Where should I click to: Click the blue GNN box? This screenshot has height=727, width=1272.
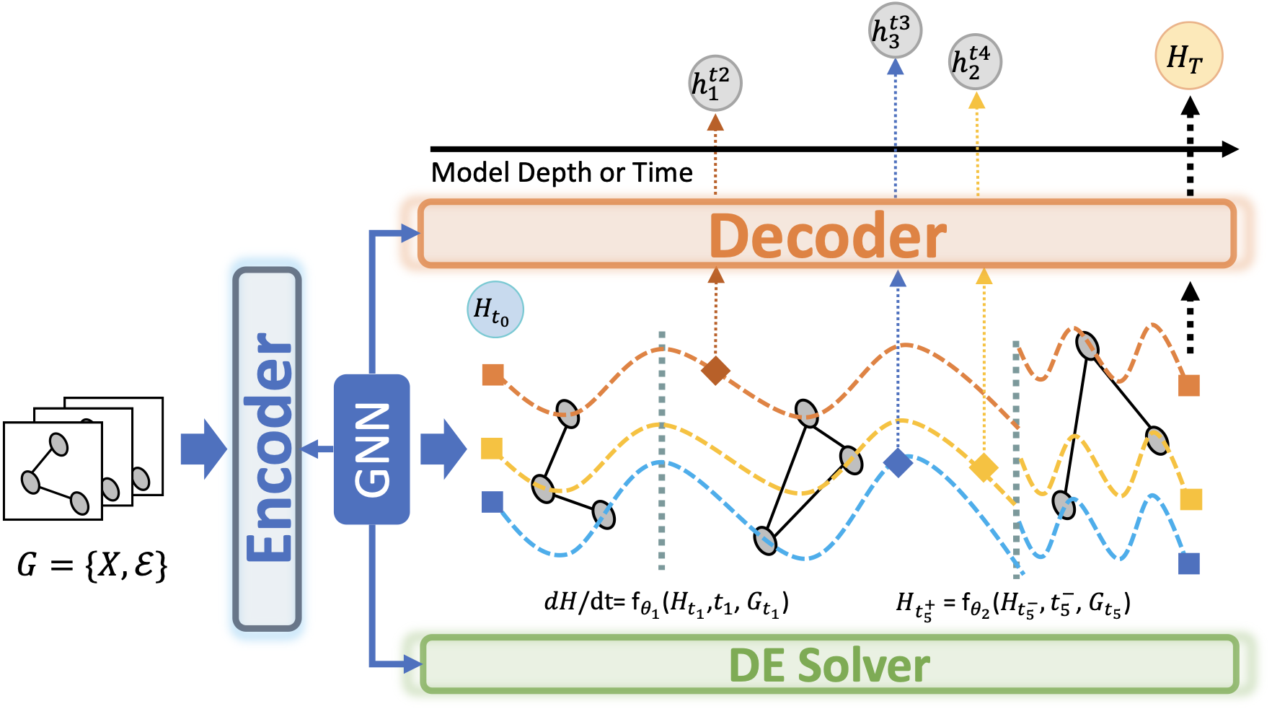click(372, 449)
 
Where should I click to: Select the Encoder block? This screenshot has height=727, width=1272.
click(267, 449)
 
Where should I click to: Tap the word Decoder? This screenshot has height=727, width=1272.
click(828, 235)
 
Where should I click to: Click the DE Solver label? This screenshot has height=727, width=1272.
click(829, 665)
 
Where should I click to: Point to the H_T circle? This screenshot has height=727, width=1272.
click(1189, 56)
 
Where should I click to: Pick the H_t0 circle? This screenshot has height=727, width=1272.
click(495, 309)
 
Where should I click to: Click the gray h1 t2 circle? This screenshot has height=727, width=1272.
click(715, 84)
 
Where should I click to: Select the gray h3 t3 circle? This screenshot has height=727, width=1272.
click(895, 31)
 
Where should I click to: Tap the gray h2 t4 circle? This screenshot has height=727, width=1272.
click(975, 61)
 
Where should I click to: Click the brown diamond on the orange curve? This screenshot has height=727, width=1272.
click(716, 370)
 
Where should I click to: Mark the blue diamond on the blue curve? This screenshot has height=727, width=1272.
click(898, 462)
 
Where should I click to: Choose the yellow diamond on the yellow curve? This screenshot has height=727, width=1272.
click(984, 467)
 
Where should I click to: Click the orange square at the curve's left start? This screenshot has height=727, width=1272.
click(493, 375)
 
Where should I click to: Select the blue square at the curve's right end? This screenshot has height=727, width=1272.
click(1189, 563)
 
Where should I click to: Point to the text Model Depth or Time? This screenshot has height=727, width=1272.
click(562, 173)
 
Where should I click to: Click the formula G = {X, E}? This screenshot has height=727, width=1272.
click(92, 565)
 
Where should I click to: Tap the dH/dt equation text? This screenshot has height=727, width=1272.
click(667, 603)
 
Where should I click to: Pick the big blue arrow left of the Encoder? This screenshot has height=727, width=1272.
click(204, 449)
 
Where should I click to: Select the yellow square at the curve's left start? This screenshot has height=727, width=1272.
click(492, 448)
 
